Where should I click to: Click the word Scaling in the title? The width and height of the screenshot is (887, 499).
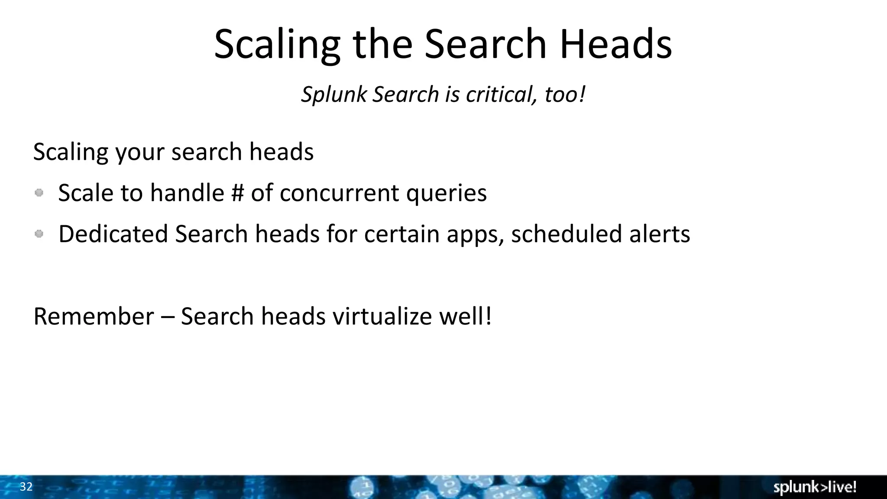[277, 44]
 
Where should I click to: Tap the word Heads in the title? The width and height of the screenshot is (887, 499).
[616, 44]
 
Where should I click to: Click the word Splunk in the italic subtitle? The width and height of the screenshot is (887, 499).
[334, 94]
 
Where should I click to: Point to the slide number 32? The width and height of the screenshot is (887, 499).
[26, 487]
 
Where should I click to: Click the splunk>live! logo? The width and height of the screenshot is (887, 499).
[815, 487]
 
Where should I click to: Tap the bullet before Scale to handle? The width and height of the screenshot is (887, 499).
[39, 193]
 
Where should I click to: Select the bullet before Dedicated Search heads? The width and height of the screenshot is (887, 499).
[39, 234]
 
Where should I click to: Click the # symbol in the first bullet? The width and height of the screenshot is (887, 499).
[238, 193]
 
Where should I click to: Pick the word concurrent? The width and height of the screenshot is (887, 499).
[339, 193]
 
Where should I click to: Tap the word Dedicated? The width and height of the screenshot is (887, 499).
[113, 234]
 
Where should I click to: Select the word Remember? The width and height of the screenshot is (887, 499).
[94, 316]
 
